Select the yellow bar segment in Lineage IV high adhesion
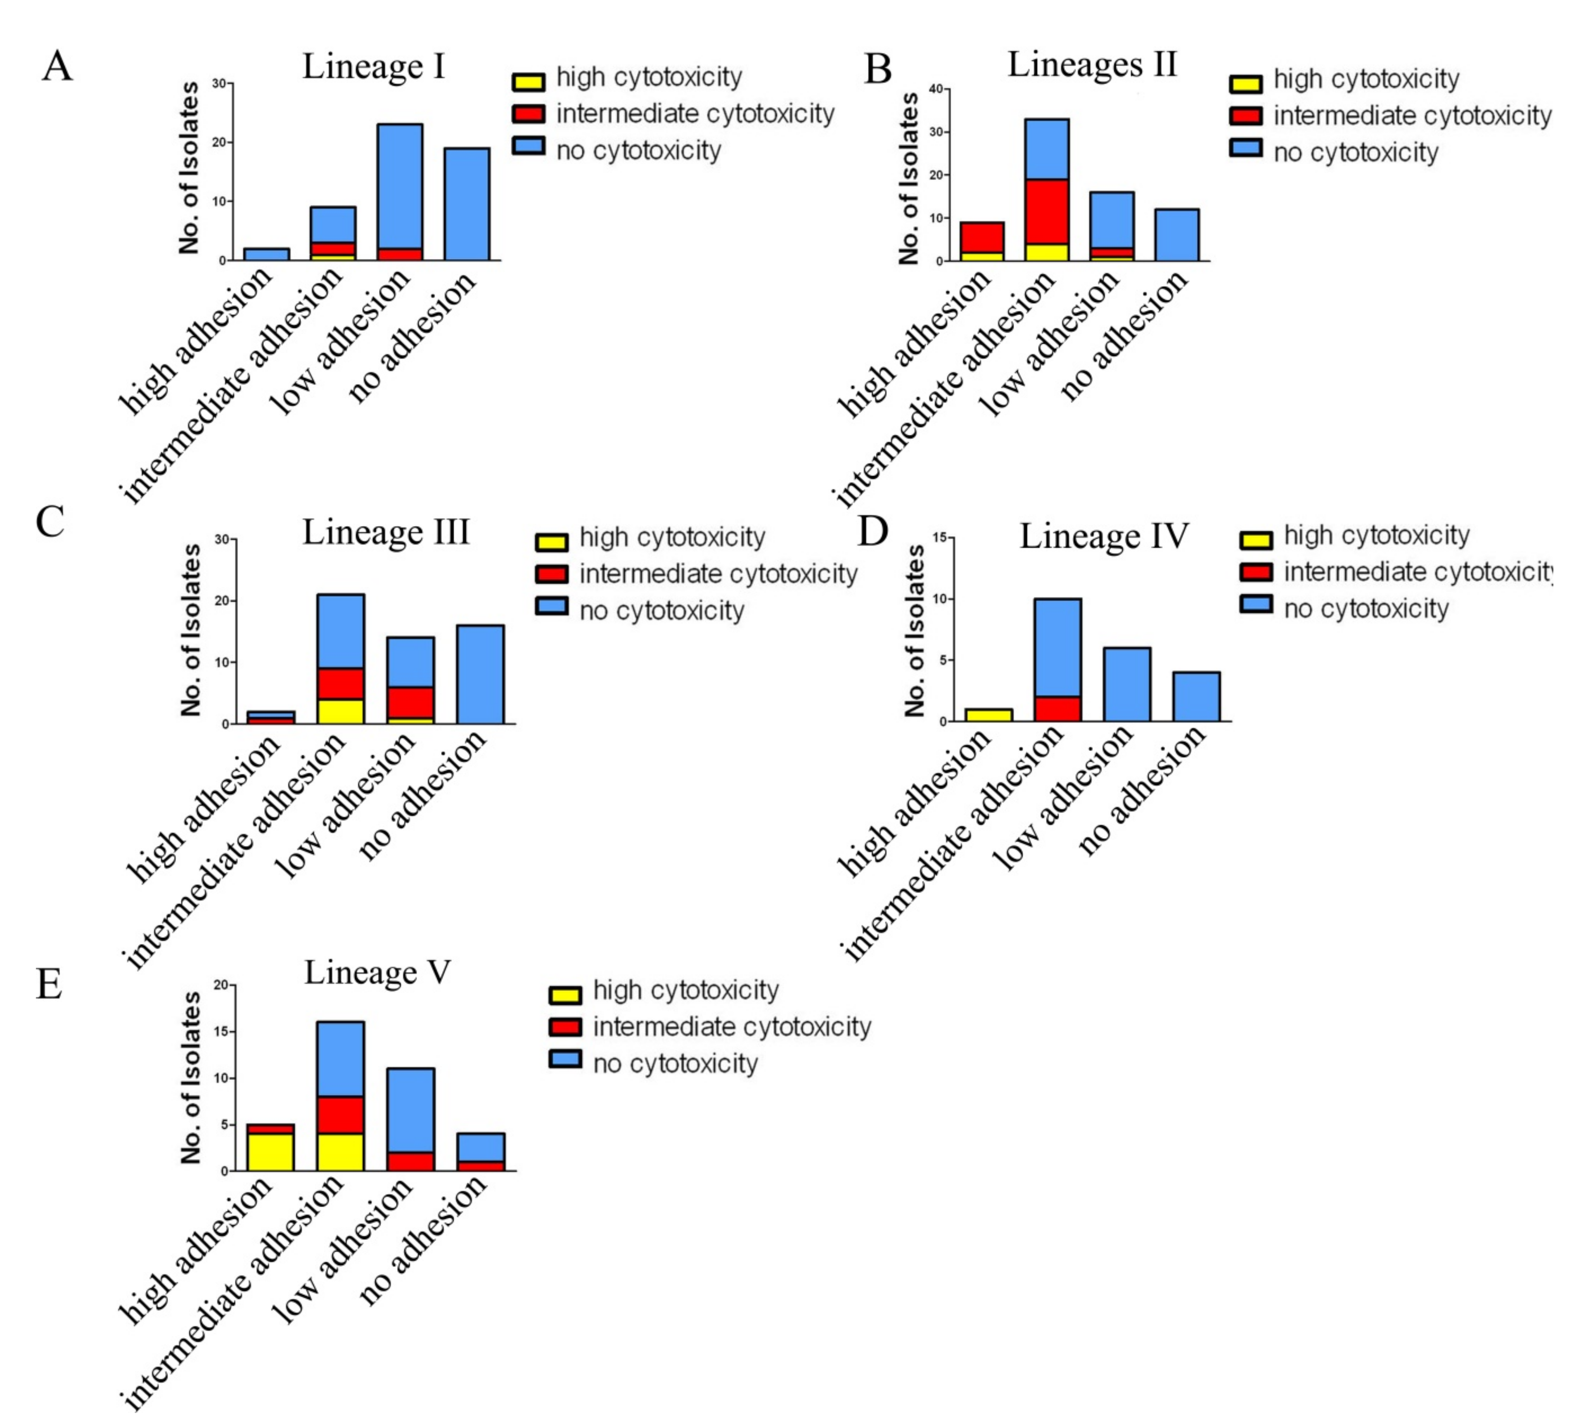(x=988, y=715)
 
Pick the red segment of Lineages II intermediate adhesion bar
(x=1047, y=211)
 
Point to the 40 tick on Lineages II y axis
(x=935, y=89)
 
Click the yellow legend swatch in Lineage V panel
(x=565, y=995)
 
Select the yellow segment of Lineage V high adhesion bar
(x=270, y=1152)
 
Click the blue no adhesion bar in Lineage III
(x=480, y=674)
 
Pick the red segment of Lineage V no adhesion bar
(x=480, y=1166)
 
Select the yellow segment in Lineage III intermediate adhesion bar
(x=340, y=711)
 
